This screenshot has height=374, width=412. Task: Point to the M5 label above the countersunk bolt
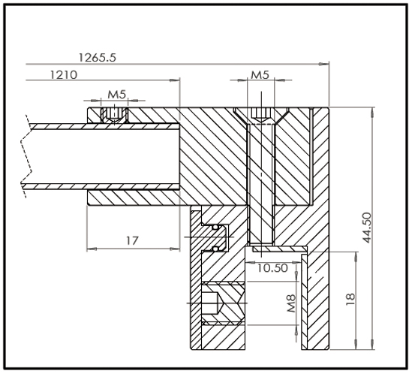click(260, 75)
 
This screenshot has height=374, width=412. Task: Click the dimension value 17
click(131, 241)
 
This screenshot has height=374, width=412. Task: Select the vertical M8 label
click(292, 305)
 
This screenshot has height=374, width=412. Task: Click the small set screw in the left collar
click(113, 114)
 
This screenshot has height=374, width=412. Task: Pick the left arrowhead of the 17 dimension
click(91, 249)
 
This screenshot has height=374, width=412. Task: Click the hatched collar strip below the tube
click(135, 198)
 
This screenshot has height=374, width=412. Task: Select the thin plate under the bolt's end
click(278, 248)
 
